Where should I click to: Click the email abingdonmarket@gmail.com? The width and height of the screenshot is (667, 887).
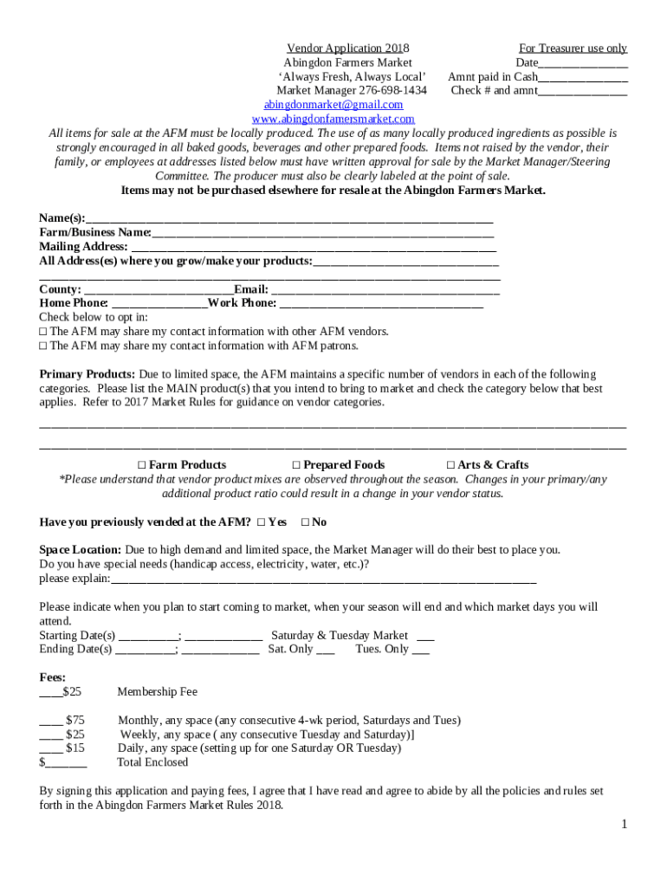point(333,105)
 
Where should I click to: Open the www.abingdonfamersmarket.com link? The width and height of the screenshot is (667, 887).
point(333,119)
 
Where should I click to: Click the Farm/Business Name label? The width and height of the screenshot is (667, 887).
point(95,232)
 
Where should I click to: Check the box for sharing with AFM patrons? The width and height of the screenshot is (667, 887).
point(43,346)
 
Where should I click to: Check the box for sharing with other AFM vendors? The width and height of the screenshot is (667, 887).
point(43,332)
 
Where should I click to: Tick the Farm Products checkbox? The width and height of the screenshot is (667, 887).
point(142,465)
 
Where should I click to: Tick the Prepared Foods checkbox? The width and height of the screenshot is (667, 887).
point(296,465)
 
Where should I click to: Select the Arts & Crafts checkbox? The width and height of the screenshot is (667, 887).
point(450,465)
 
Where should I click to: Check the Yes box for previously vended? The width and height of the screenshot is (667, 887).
point(261,522)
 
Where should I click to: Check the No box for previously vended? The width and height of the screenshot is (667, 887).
point(304,522)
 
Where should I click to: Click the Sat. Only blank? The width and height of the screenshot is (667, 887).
point(326,650)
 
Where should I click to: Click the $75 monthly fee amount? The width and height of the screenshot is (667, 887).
point(75,720)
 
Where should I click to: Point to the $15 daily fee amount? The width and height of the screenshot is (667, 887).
point(75,748)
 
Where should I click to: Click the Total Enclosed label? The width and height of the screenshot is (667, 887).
point(152,762)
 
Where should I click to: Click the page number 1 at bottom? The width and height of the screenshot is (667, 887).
point(623,824)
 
